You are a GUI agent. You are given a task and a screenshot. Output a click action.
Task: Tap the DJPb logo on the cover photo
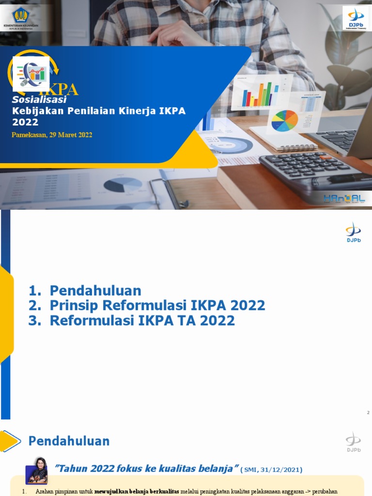356,18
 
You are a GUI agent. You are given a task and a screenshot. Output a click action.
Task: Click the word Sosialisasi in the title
39,100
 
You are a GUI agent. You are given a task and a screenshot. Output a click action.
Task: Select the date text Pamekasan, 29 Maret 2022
52,135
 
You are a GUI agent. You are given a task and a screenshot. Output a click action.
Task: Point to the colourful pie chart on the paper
285,121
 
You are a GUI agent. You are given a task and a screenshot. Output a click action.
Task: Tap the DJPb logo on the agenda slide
353,232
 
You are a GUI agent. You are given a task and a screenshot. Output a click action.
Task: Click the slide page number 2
368,413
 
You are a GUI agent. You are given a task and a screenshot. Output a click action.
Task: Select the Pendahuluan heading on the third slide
69,441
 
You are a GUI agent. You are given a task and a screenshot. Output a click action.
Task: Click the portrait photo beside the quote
37,470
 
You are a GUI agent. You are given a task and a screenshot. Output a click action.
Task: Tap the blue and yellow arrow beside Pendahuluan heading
11,441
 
